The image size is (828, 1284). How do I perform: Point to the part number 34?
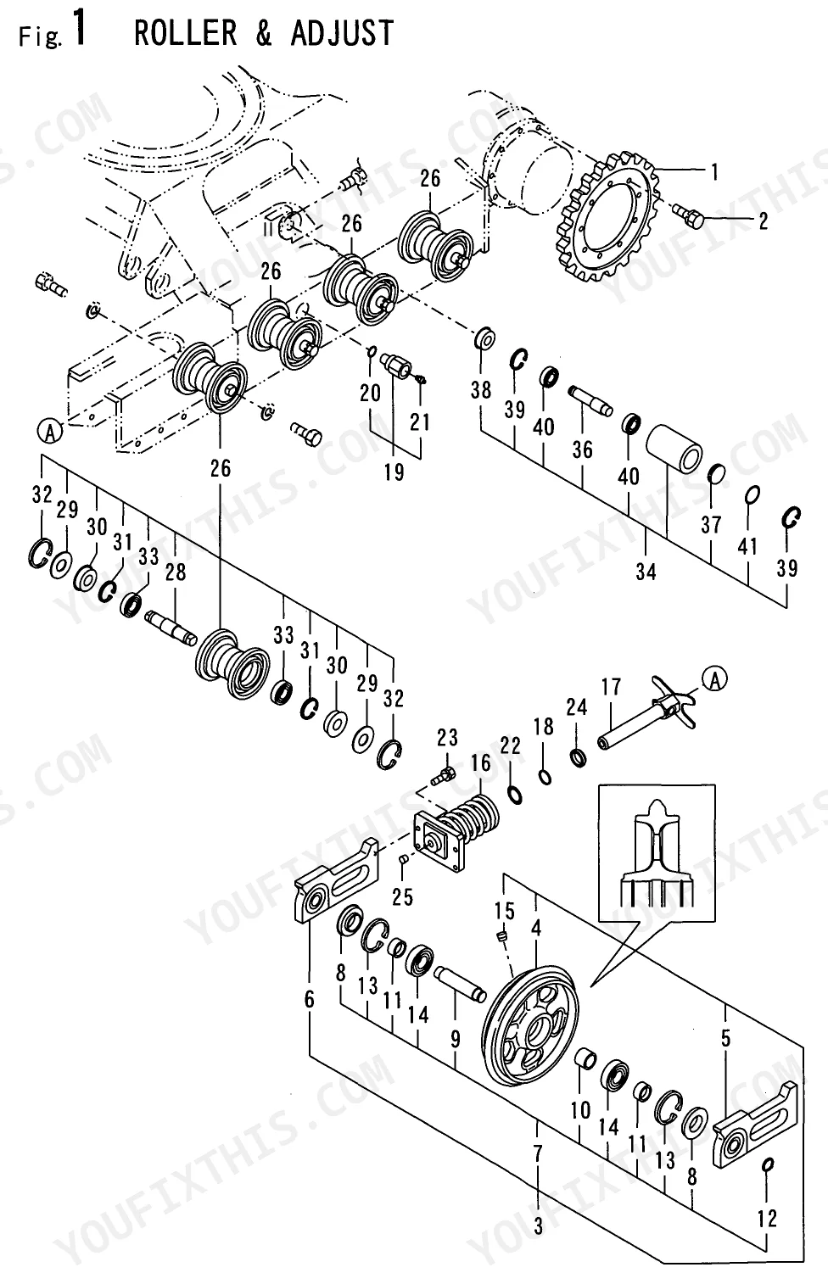pyautogui.click(x=646, y=572)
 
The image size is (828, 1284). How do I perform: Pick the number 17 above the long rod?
pyautogui.click(x=612, y=687)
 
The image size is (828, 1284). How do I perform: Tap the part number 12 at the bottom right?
pyautogui.click(x=767, y=1218)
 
